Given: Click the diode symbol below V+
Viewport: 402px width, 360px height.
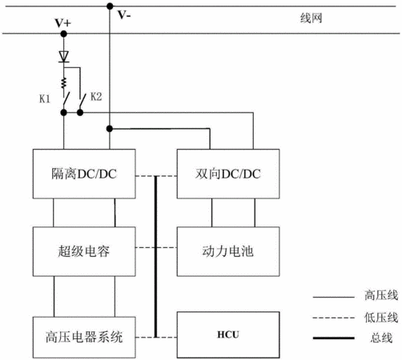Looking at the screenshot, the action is coord(64,57).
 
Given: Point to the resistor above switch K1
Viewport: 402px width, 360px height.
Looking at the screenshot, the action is coord(64,83).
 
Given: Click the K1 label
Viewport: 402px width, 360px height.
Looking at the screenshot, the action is coord(45,99).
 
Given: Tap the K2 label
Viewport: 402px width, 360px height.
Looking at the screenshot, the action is coord(96,97).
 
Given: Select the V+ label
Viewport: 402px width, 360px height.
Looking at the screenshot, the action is coord(63,23).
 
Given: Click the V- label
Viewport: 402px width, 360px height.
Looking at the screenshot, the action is coord(124,15).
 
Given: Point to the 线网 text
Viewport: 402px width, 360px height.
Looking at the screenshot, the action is coord(312,18).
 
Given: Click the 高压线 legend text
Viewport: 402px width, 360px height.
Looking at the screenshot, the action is coord(381,295).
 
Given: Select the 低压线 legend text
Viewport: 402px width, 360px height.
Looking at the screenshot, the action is coord(381,318).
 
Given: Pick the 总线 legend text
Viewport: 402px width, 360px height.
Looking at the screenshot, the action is coord(381,338).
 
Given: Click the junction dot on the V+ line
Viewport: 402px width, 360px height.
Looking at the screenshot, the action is coord(63,34).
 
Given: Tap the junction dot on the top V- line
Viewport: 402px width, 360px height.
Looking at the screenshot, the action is coord(110,6).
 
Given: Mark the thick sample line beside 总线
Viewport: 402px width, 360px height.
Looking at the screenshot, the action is coord(334,338).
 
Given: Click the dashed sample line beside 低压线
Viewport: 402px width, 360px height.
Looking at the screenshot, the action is coord(334,318).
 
